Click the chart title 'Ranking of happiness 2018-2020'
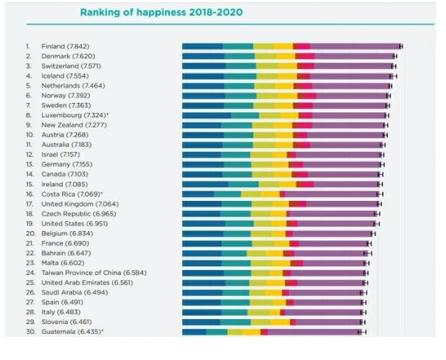coord(161,12)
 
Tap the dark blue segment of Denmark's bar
coord(202,56)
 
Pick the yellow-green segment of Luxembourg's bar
coord(270,115)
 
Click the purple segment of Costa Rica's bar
coord(331,194)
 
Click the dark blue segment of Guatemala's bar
coord(194,332)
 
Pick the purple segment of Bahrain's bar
coord(330,253)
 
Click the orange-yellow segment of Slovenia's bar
coord(280,322)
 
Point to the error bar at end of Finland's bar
coord(401,46)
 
